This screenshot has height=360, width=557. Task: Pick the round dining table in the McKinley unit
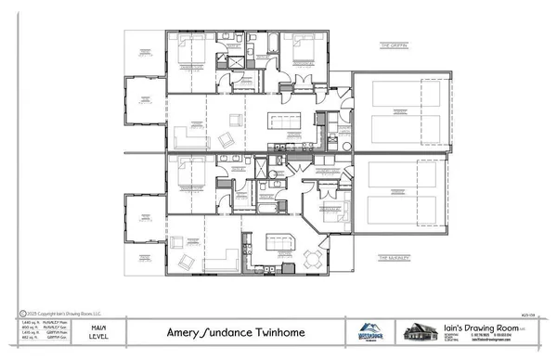(x=317, y=258)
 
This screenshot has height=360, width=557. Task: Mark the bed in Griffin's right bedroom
(x=307, y=51)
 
